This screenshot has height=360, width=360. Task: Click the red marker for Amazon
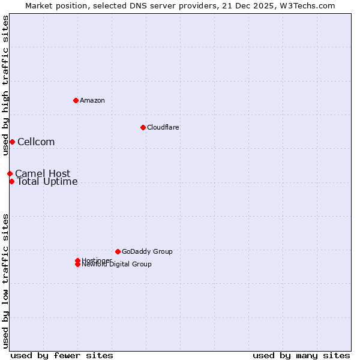(x=76, y=100)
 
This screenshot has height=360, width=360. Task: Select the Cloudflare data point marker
(x=143, y=127)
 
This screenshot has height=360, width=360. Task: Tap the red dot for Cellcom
(x=12, y=142)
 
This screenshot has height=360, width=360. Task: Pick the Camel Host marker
(x=10, y=173)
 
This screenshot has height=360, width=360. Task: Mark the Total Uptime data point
(x=11, y=181)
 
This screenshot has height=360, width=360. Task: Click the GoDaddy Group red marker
(x=118, y=251)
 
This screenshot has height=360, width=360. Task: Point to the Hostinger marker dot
(x=77, y=260)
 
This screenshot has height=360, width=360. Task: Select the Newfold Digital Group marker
(x=77, y=264)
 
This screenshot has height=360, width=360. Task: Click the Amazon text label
(x=92, y=100)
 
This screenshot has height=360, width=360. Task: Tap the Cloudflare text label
(x=163, y=127)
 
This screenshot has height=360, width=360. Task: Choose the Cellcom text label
(x=36, y=142)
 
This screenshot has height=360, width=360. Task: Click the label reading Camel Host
(x=43, y=173)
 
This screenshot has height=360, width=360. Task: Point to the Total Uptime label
(x=47, y=182)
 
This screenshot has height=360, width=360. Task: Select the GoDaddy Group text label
(x=147, y=251)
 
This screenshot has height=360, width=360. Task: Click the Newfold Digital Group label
(x=117, y=265)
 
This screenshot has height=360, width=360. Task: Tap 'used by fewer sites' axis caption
(x=62, y=355)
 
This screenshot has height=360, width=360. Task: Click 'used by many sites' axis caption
(x=301, y=355)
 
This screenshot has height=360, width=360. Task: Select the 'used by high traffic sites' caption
(x=5, y=85)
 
